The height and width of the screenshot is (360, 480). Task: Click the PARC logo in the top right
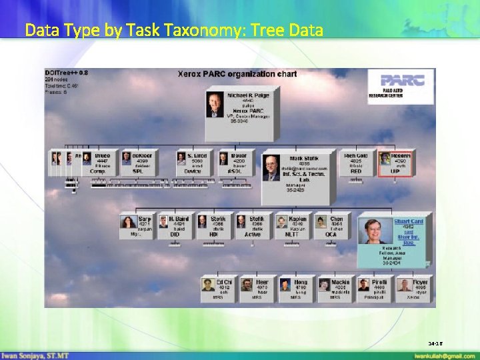[x=399, y=85]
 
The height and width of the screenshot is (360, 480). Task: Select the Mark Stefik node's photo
[x=271, y=167]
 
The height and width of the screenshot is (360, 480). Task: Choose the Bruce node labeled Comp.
[x=100, y=163]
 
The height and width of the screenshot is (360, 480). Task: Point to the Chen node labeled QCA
[x=330, y=226]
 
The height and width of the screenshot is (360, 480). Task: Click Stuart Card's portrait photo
[x=374, y=231]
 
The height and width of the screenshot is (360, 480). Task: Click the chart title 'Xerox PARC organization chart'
[x=237, y=74]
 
